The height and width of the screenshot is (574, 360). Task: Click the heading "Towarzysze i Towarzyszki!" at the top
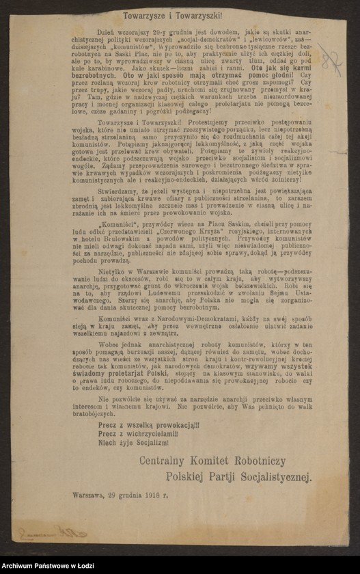(180, 14)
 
